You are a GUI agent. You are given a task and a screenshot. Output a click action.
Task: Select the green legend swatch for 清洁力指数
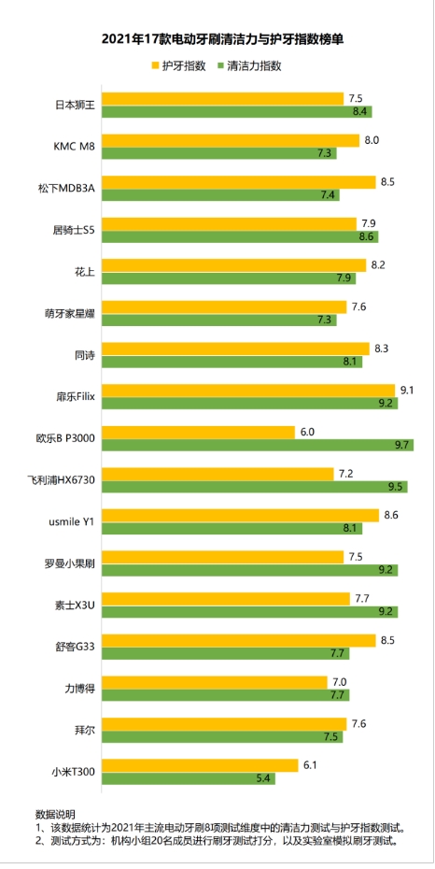220,66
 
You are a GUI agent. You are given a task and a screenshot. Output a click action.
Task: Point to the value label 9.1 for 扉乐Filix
407,391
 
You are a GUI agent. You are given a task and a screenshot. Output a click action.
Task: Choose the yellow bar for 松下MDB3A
238,181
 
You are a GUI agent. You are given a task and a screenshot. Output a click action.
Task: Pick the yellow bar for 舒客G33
238,639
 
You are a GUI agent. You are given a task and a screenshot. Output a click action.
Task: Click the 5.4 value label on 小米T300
265,777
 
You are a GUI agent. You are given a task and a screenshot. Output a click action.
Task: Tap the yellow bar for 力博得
214,681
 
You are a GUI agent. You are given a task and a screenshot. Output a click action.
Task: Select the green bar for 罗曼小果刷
249,569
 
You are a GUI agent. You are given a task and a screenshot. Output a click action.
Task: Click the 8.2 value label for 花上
378,264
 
